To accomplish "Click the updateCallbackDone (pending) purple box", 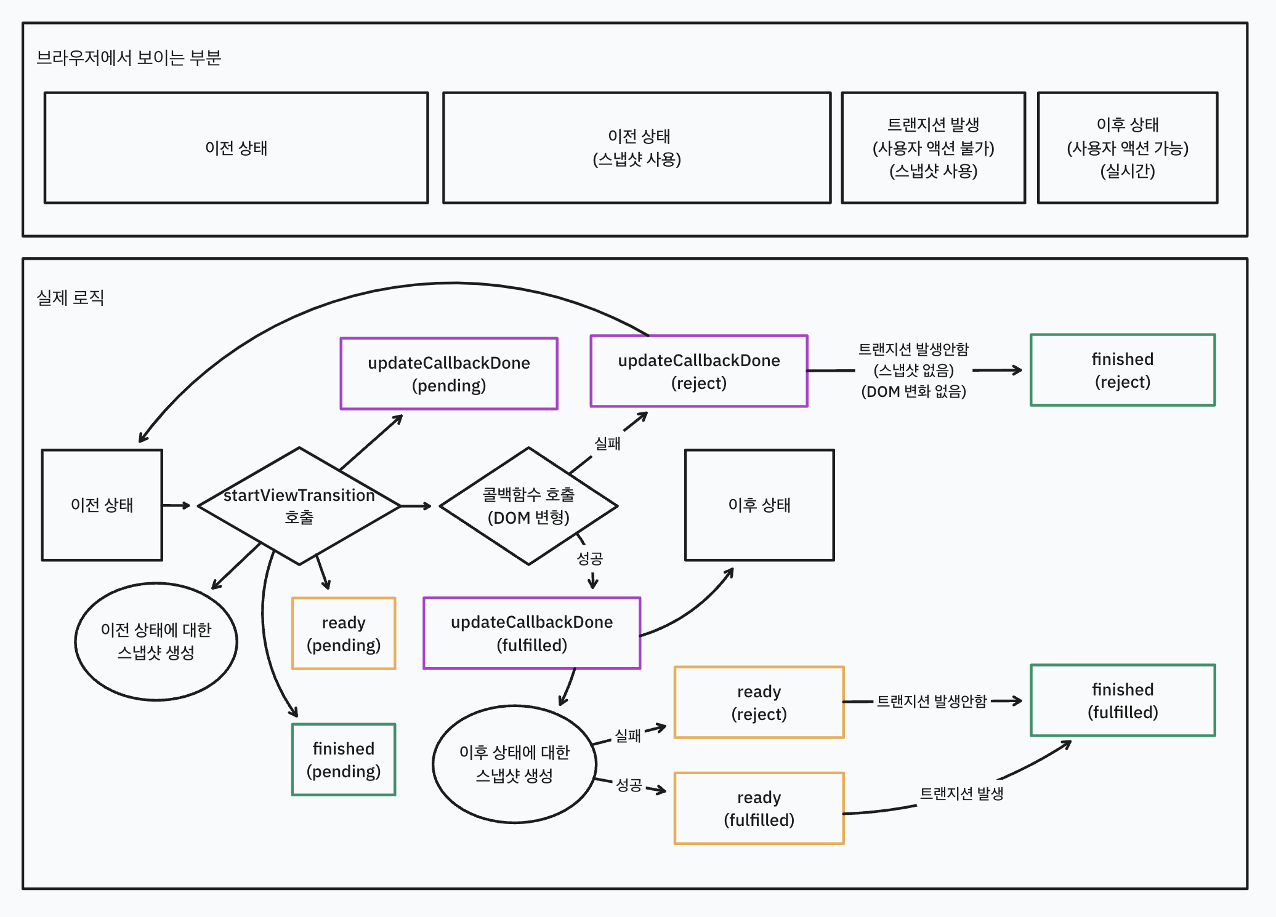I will pos(448,374).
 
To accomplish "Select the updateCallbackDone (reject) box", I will pos(698,371).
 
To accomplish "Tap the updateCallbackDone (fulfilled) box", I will pos(531,633).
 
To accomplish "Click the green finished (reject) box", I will pos(1122,370).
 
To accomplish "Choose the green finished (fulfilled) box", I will pos(1122,700).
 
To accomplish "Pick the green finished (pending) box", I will pos(343,759).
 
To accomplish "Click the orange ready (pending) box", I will pos(343,633).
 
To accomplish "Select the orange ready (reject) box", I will pos(758,702).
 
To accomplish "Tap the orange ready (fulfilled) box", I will pos(758,808).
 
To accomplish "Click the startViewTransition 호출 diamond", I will pos(299,506).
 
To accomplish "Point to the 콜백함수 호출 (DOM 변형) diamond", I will pos(528,506).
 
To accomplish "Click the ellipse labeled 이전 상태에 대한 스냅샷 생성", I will pos(156,641).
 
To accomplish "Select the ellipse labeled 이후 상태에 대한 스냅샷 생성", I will pos(514,764).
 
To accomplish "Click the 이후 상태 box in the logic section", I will pos(759,505).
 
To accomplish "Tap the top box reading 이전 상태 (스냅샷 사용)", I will pos(636,148).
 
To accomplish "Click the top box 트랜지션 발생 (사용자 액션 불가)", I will pos(932,148).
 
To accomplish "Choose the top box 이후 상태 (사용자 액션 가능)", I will pos(1127,148).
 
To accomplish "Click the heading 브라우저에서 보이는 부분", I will pos(128,58).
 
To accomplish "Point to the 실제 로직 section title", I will pos(70,298).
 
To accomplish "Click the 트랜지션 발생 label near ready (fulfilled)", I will pos(961,793).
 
